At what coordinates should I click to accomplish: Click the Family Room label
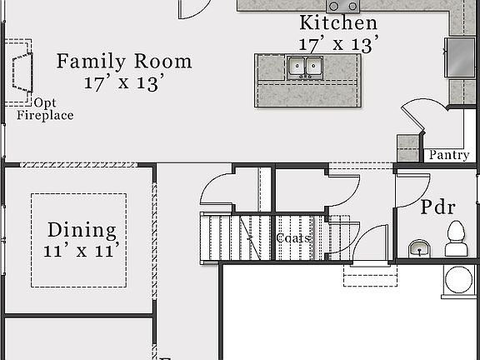point(124,62)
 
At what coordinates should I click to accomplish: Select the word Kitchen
point(338,23)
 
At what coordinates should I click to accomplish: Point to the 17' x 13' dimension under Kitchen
point(339,42)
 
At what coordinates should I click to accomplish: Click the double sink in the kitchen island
point(305,67)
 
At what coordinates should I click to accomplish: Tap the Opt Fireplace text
point(45,109)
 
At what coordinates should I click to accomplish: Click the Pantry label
point(448,155)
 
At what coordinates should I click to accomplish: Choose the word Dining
point(82,230)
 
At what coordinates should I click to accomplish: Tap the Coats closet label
point(293,238)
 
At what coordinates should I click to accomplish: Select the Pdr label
point(437,207)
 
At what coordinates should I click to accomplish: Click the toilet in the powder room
point(456,238)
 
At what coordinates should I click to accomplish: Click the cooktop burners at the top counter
point(342,7)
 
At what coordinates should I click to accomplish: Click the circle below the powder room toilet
point(459,279)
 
